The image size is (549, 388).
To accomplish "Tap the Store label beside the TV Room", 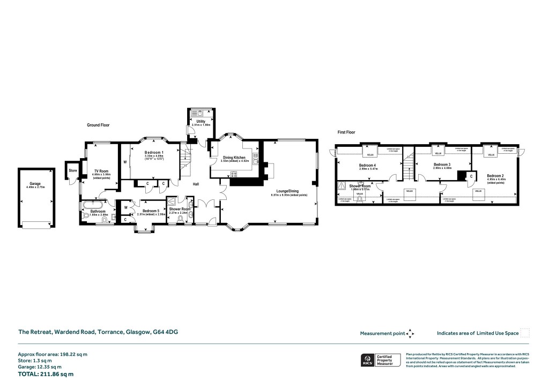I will [72, 171].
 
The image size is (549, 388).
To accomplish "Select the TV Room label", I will [100, 170].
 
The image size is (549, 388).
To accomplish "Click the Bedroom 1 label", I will [154, 153].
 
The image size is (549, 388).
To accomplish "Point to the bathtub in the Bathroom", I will [95, 205].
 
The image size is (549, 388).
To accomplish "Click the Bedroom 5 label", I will [148, 211].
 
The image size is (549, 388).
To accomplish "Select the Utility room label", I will [201, 122].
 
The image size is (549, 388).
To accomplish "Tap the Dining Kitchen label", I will [234, 158].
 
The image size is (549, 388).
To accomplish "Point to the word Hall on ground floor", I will [196, 184].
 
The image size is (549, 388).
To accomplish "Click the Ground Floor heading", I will [98, 125].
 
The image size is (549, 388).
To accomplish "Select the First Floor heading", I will [346, 132].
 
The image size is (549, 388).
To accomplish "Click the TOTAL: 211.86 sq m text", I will [46, 374].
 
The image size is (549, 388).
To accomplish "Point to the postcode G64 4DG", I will [166, 332].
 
